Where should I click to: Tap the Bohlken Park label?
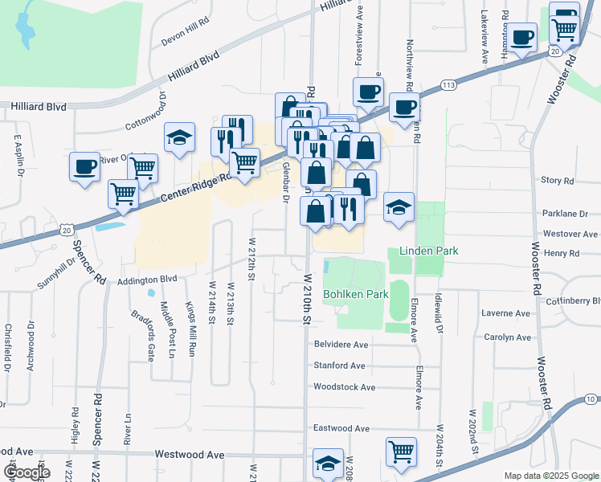pyautogui.click(x=356, y=295)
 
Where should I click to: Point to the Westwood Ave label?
pyautogui.click(x=190, y=455)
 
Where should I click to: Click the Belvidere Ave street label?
pyautogui.click(x=340, y=345)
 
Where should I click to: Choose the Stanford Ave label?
pyautogui.click(x=339, y=366)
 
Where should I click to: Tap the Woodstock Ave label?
pyautogui.click(x=344, y=386)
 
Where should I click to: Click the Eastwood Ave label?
pyautogui.click(x=341, y=428)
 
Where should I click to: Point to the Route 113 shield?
pyautogui.click(x=448, y=84)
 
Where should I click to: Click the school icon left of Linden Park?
pyautogui.click(x=399, y=208)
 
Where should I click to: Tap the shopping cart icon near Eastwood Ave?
pyautogui.click(x=400, y=451)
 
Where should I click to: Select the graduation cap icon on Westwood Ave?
pyautogui.click(x=328, y=464)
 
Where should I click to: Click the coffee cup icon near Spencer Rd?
pyautogui.click(x=84, y=167)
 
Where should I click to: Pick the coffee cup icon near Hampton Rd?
pyautogui.click(x=521, y=38)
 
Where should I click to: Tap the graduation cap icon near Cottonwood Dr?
pyautogui.click(x=179, y=138)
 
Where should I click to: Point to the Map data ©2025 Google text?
pyautogui.click(x=550, y=476)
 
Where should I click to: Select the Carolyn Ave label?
pyautogui.click(x=506, y=337)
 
